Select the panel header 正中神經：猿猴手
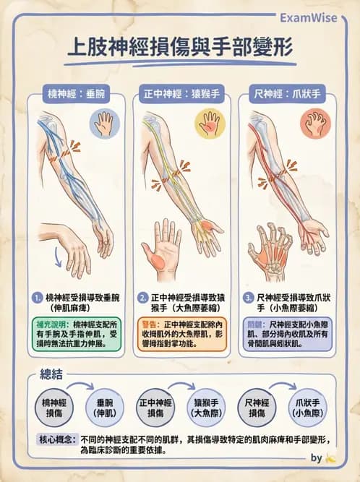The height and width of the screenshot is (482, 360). point(180,94)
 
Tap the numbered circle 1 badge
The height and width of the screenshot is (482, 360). point(38,298)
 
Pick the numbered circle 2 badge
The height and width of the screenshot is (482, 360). point(143,298)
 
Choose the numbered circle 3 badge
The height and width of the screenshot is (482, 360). point(249,298)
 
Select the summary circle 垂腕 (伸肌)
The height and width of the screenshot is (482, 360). point(106,407)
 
